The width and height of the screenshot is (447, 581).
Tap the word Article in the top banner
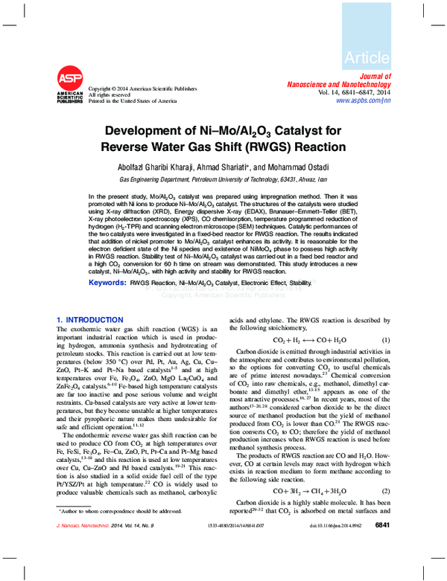pyautogui.click(x=367, y=58)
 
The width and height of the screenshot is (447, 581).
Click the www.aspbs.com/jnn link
pyautogui.click(x=364, y=100)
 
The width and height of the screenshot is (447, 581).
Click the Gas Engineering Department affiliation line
pyautogui.click(x=223, y=180)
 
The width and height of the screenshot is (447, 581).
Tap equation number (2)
pyautogui.click(x=387, y=492)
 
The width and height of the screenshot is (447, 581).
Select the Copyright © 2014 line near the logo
pyautogui.click(x=139, y=88)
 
